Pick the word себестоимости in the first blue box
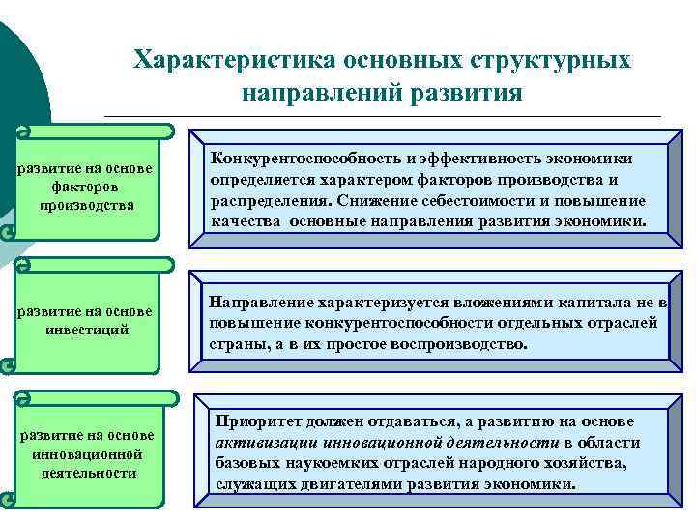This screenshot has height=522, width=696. [474, 200]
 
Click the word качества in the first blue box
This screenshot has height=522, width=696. [244, 220]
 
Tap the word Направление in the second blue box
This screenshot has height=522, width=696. [263, 303]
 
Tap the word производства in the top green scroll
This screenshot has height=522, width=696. [87, 205]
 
